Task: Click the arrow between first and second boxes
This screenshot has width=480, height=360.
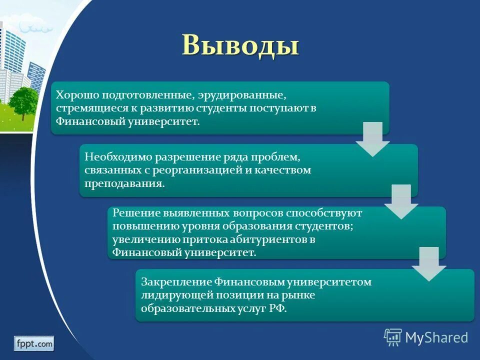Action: click(372, 139)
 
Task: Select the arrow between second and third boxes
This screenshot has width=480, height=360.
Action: click(400, 202)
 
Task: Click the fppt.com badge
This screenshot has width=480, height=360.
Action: click(34, 343)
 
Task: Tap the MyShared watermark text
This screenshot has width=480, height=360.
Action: click(436, 337)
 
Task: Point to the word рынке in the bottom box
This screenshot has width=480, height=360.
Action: click(298, 295)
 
